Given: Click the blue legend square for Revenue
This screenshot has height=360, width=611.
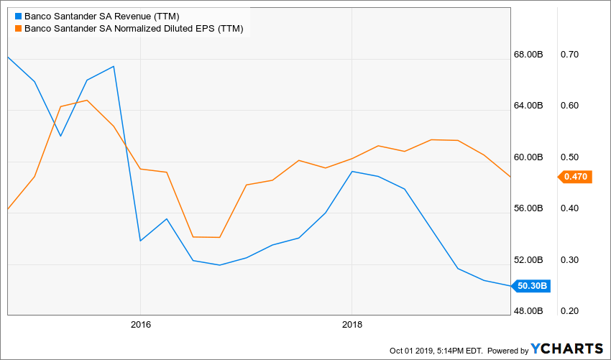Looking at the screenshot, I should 18,16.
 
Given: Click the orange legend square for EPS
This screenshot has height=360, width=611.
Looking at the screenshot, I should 18,29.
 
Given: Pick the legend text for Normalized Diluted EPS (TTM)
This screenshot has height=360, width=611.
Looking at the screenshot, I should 134,29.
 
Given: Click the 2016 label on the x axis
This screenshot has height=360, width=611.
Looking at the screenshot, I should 140,324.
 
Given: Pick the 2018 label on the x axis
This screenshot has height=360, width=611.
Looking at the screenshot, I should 352,324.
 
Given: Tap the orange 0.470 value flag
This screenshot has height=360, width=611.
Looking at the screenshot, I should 575,176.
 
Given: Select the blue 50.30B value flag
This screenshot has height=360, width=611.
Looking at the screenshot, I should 533,286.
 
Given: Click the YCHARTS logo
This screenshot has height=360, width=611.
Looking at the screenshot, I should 567,349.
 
